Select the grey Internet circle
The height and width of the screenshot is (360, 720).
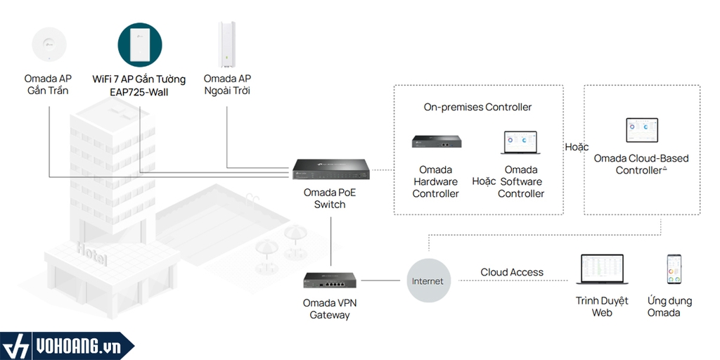point(427,281)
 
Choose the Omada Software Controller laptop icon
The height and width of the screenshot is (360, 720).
point(521,142)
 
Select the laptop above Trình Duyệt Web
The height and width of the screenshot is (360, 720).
point(602,271)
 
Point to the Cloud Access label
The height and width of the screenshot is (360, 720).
point(512,272)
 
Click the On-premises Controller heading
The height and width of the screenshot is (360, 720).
point(477,108)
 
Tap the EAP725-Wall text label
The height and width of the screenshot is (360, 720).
point(139,92)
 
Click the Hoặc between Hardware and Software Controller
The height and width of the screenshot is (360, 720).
point(484,181)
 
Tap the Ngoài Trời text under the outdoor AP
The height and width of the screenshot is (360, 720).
point(227,91)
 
